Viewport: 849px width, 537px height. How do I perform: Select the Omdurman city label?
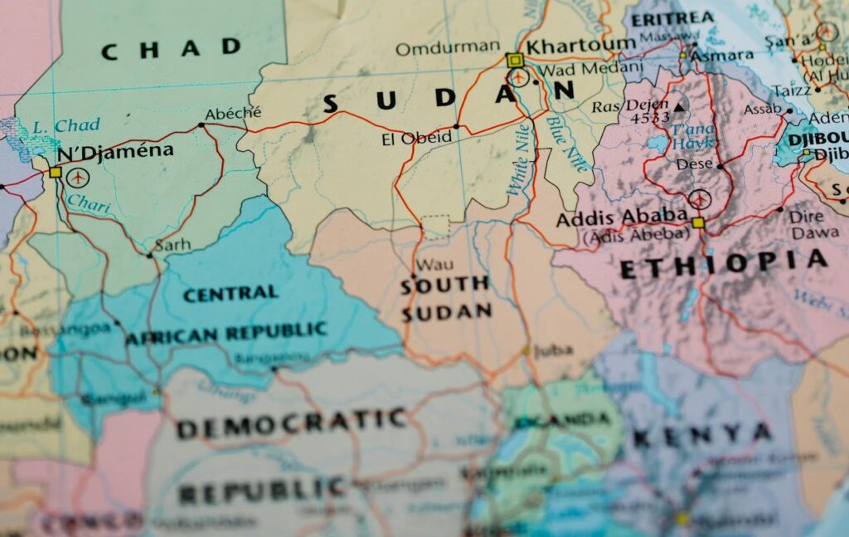[x=447, y=48]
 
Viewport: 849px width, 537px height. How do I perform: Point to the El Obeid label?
[x=416, y=138]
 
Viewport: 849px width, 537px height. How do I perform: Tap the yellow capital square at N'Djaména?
[x=56, y=173]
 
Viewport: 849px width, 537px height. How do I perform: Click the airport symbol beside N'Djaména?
[x=78, y=177]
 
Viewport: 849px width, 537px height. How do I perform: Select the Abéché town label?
[x=233, y=114]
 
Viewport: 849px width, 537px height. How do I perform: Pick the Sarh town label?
[x=172, y=245]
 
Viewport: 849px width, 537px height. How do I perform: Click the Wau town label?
[x=434, y=266]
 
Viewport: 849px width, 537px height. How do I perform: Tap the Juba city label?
[x=553, y=350]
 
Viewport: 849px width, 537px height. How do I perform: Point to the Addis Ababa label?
[x=622, y=219]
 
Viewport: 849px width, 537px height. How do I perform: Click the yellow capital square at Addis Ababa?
[x=698, y=222]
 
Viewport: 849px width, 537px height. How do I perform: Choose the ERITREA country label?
[x=672, y=18]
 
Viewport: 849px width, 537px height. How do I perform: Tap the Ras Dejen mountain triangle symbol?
[x=680, y=106]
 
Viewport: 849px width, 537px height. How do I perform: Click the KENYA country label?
[x=702, y=434]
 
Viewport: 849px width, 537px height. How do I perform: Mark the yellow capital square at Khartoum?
[x=514, y=60]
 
